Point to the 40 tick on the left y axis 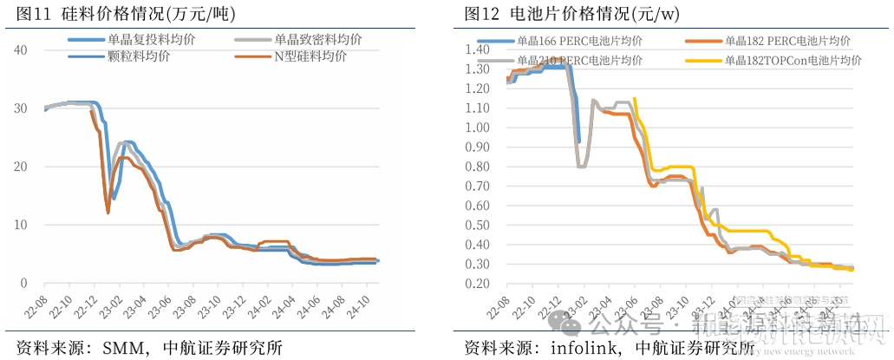pos(24,50)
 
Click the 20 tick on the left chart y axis pos(24,167)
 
